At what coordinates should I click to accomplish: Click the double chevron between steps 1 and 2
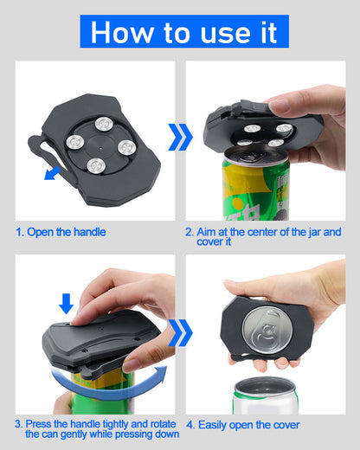pos(179,137)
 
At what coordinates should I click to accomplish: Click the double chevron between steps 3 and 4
pos(180,331)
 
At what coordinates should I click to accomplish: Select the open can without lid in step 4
pos(263,394)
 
